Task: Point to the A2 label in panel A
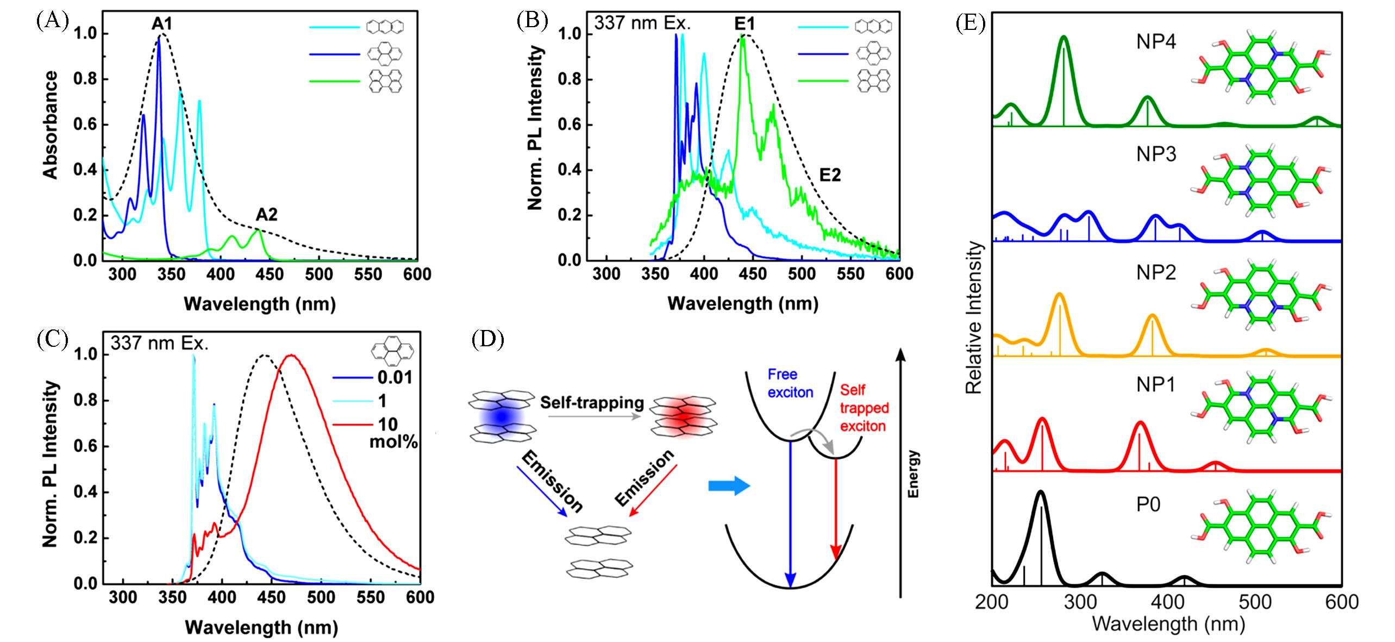267,215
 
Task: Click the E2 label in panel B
830,174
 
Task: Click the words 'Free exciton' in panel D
790,383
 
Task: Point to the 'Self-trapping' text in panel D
592,403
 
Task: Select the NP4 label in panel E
1156,42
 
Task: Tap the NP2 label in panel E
1156,272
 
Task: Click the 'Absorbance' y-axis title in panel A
51,125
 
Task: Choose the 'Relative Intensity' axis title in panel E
975,318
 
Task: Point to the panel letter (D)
487,340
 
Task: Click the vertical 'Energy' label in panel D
913,474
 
